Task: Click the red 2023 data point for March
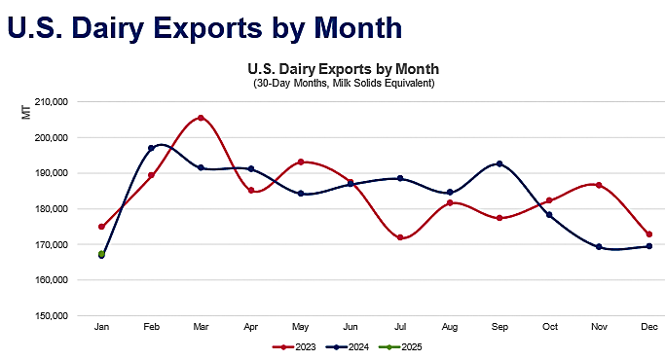pyautogui.click(x=201, y=118)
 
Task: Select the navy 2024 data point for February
pyautogui.click(x=151, y=148)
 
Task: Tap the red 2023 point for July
pyautogui.click(x=400, y=237)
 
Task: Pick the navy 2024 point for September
pyautogui.click(x=499, y=163)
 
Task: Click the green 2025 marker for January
pyautogui.click(x=101, y=254)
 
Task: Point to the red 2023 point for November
pyautogui.click(x=599, y=185)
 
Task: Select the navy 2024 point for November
pyautogui.click(x=599, y=247)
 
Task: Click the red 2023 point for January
pyautogui.click(x=101, y=227)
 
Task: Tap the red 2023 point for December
pyautogui.click(x=648, y=234)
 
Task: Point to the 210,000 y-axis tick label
pyautogui.click(x=50, y=101)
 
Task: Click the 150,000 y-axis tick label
pyautogui.click(x=50, y=315)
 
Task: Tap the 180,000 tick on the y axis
pyautogui.click(x=50, y=208)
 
